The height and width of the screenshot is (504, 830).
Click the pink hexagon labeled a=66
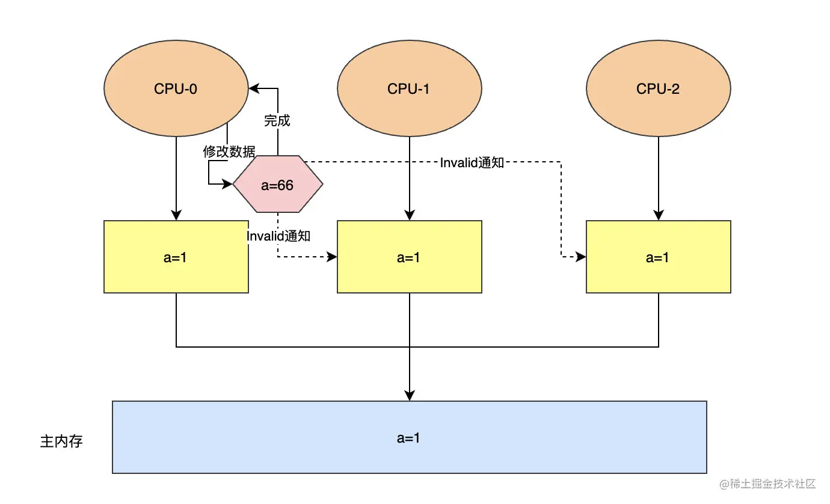[x=277, y=184]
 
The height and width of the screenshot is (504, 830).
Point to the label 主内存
[x=61, y=441]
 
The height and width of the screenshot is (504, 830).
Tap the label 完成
[x=277, y=121]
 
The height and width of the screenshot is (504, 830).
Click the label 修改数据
[x=229, y=152]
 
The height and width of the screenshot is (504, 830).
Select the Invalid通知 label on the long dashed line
[x=472, y=163]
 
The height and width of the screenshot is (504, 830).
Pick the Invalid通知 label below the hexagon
[x=278, y=236]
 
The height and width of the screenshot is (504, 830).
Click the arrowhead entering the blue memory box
[x=410, y=396]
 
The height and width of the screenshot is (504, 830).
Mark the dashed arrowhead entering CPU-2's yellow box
[x=581, y=257]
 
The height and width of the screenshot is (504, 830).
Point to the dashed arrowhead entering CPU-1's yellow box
[x=332, y=257]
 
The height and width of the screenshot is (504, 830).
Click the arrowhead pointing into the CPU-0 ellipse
[x=254, y=89]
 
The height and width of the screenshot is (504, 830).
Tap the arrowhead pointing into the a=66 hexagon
[x=227, y=184]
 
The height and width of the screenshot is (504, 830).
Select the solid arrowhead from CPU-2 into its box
[x=659, y=215]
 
